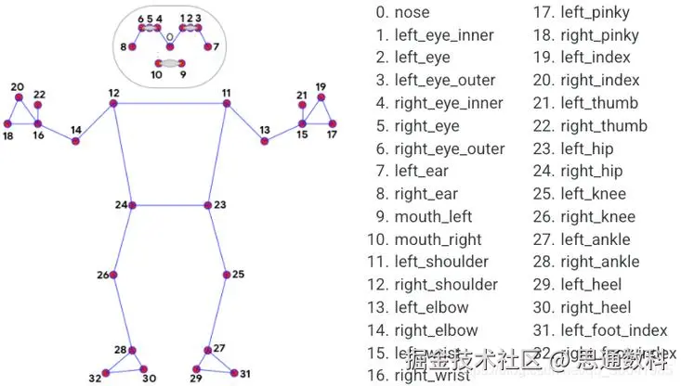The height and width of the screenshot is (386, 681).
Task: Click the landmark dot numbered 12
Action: point(113,104)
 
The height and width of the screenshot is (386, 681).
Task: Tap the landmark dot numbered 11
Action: point(226,104)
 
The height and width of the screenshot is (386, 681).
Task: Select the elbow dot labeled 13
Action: point(264,141)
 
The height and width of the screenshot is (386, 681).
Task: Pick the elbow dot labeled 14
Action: point(76,141)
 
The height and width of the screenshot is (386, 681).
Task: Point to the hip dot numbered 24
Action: point(132,205)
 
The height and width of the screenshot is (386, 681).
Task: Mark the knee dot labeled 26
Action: point(113,276)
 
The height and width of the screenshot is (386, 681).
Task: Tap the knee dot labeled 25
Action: point(226,275)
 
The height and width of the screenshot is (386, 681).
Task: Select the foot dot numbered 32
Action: point(105,373)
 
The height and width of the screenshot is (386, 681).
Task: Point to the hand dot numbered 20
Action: point(17,98)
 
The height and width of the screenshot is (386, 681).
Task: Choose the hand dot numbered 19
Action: point(321,98)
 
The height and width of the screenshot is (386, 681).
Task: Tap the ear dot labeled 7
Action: point(207,45)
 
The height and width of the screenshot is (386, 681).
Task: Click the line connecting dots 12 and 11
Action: point(169,104)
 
